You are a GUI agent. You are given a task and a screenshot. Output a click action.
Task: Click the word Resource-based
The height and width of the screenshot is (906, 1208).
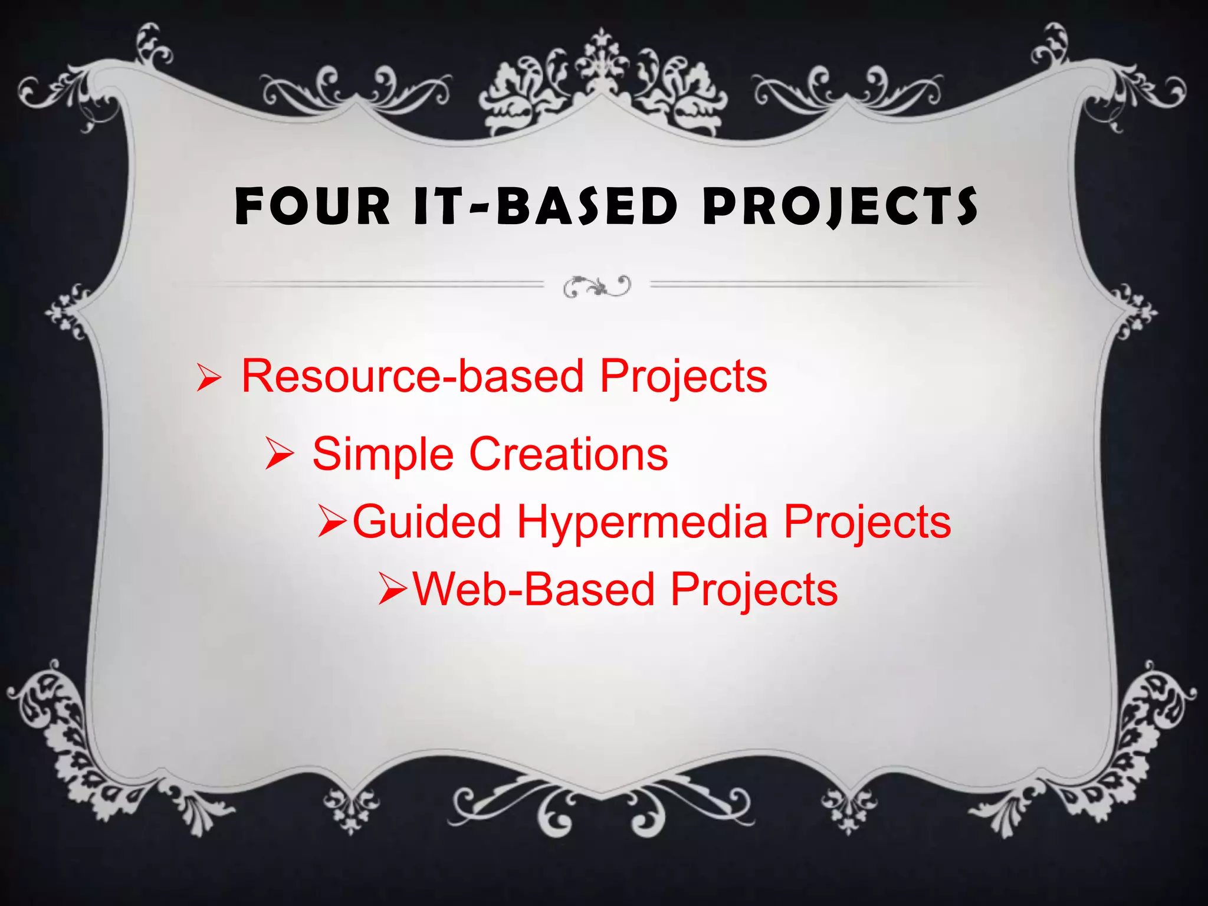(x=412, y=376)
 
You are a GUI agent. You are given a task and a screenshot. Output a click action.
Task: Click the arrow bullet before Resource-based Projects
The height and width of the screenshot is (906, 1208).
(x=209, y=378)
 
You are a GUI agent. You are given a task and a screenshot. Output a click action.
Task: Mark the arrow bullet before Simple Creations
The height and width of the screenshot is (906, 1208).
(x=278, y=455)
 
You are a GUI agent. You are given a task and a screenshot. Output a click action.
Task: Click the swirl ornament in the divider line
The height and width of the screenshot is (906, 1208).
(x=597, y=287)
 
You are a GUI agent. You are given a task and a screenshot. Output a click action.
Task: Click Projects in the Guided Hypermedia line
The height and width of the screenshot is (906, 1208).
(x=867, y=523)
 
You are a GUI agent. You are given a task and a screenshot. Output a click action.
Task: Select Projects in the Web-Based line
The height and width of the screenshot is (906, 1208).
(x=754, y=590)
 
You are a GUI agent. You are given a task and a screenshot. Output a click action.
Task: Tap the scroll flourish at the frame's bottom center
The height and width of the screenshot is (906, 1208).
(x=602, y=808)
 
